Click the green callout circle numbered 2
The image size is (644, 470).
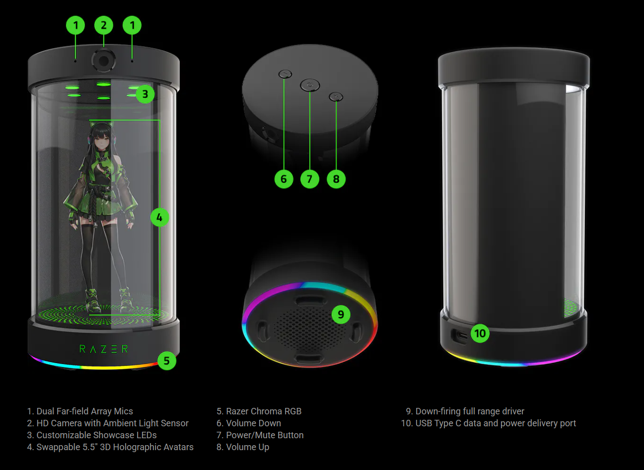(104, 25)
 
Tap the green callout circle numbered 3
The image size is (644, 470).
(145, 94)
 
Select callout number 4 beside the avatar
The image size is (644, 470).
(159, 217)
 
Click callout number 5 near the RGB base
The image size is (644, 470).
(167, 361)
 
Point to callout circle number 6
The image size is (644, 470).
(284, 179)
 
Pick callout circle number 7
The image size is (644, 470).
(310, 179)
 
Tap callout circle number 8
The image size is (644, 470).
(336, 179)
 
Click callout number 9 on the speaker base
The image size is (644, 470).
(341, 314)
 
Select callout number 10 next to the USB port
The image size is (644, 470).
(480, 333)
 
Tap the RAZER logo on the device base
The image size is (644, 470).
(104, 349)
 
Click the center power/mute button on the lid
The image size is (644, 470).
(310, 85)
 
